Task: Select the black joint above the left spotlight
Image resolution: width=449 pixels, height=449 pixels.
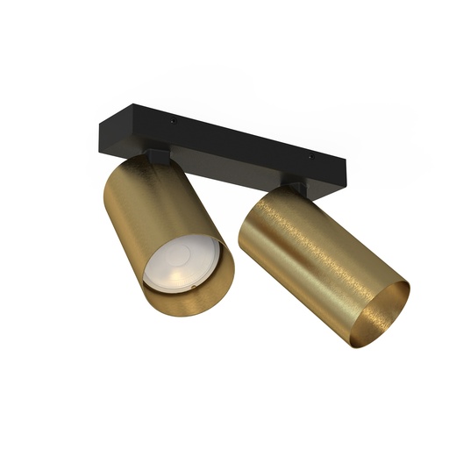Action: (x=157, y=156)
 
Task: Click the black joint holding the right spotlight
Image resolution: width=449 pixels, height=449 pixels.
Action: (x=295, y=187)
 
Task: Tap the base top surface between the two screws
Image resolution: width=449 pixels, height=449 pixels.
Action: (x=241, y=139)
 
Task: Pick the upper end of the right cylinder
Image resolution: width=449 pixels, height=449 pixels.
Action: (x=263, y=198)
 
